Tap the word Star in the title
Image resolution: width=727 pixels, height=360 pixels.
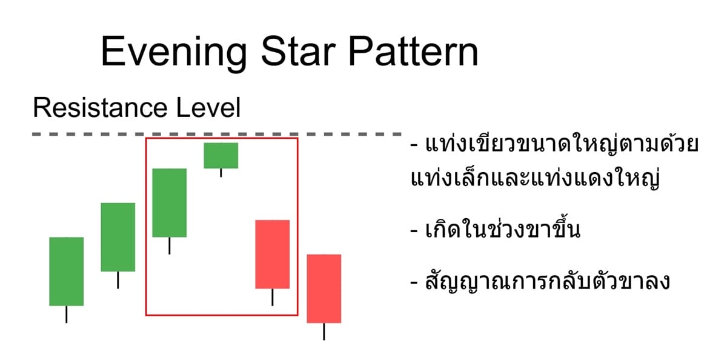(291, 52)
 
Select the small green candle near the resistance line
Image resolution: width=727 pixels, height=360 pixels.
(221, 155)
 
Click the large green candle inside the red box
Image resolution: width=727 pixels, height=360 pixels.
(169, 202)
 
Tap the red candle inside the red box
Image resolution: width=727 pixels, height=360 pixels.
(272, 254)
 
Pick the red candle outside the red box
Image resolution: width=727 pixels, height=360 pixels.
(324, 288)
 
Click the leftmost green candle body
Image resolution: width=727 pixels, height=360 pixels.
(66, 271)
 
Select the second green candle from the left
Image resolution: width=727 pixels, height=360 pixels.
(118, 237)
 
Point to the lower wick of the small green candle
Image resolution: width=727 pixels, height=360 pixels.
(221, 173)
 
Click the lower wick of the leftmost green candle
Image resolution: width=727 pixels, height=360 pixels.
(66, 315)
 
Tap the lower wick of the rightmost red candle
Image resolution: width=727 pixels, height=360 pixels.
(324, 332)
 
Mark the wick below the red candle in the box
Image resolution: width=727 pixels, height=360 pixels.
(272, 297)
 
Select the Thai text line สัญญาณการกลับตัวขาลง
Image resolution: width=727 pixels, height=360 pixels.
(539, 282)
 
